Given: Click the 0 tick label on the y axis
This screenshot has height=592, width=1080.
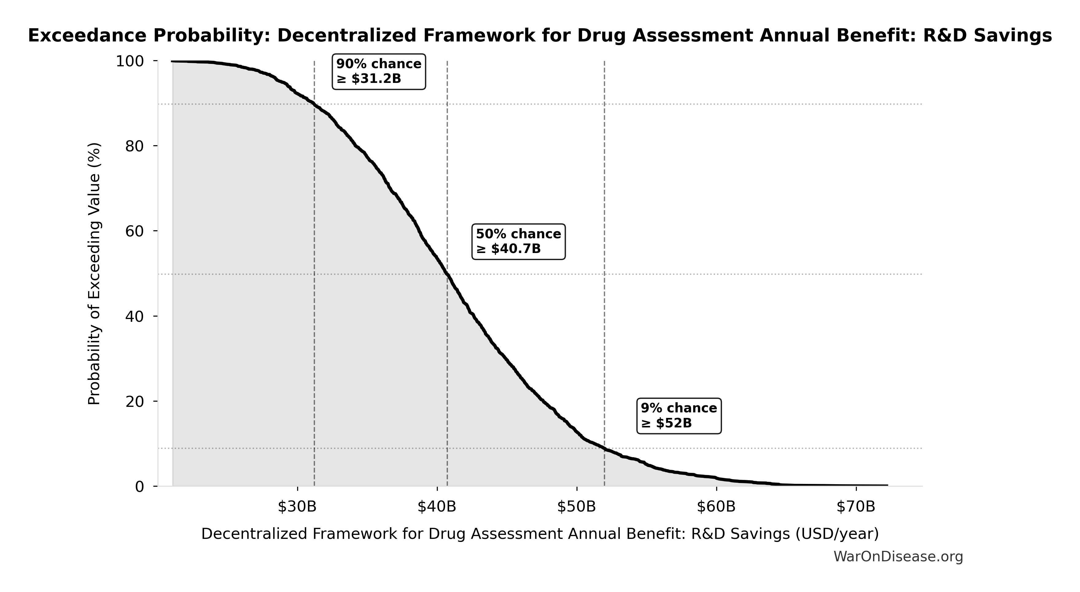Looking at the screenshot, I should tap(140, 487).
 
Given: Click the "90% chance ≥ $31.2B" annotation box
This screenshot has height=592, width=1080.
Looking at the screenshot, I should tap(379, 71).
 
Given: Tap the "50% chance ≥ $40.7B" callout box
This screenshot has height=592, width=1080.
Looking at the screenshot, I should tap(519, 241).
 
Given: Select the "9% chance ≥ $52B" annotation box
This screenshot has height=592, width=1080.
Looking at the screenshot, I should tap(679, 415).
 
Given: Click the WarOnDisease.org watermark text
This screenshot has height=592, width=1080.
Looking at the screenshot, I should tap(898, 557).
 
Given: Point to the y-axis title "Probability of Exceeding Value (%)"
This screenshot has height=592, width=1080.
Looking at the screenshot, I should tap(94, 274).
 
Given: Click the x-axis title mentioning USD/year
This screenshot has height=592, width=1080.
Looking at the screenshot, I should tap(540, 534).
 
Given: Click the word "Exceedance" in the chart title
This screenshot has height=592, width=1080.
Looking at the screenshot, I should tap(87, 36).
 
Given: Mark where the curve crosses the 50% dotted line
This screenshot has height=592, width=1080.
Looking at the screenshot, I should tap(447, 274).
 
